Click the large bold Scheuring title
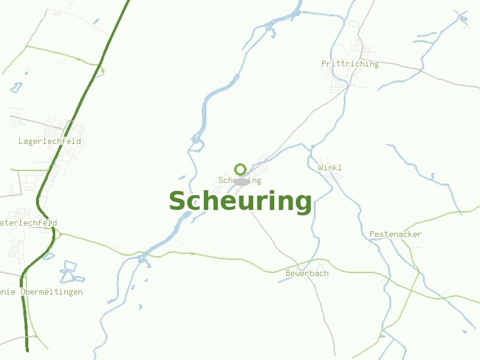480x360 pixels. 240,202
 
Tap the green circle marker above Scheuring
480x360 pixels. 241,169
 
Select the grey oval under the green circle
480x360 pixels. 242,181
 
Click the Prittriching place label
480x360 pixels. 350,64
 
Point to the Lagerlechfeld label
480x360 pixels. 50,142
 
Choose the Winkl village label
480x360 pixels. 330,167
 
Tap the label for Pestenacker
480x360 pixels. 395,234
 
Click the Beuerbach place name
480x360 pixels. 307,273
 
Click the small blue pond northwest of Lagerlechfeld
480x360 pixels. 16,88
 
